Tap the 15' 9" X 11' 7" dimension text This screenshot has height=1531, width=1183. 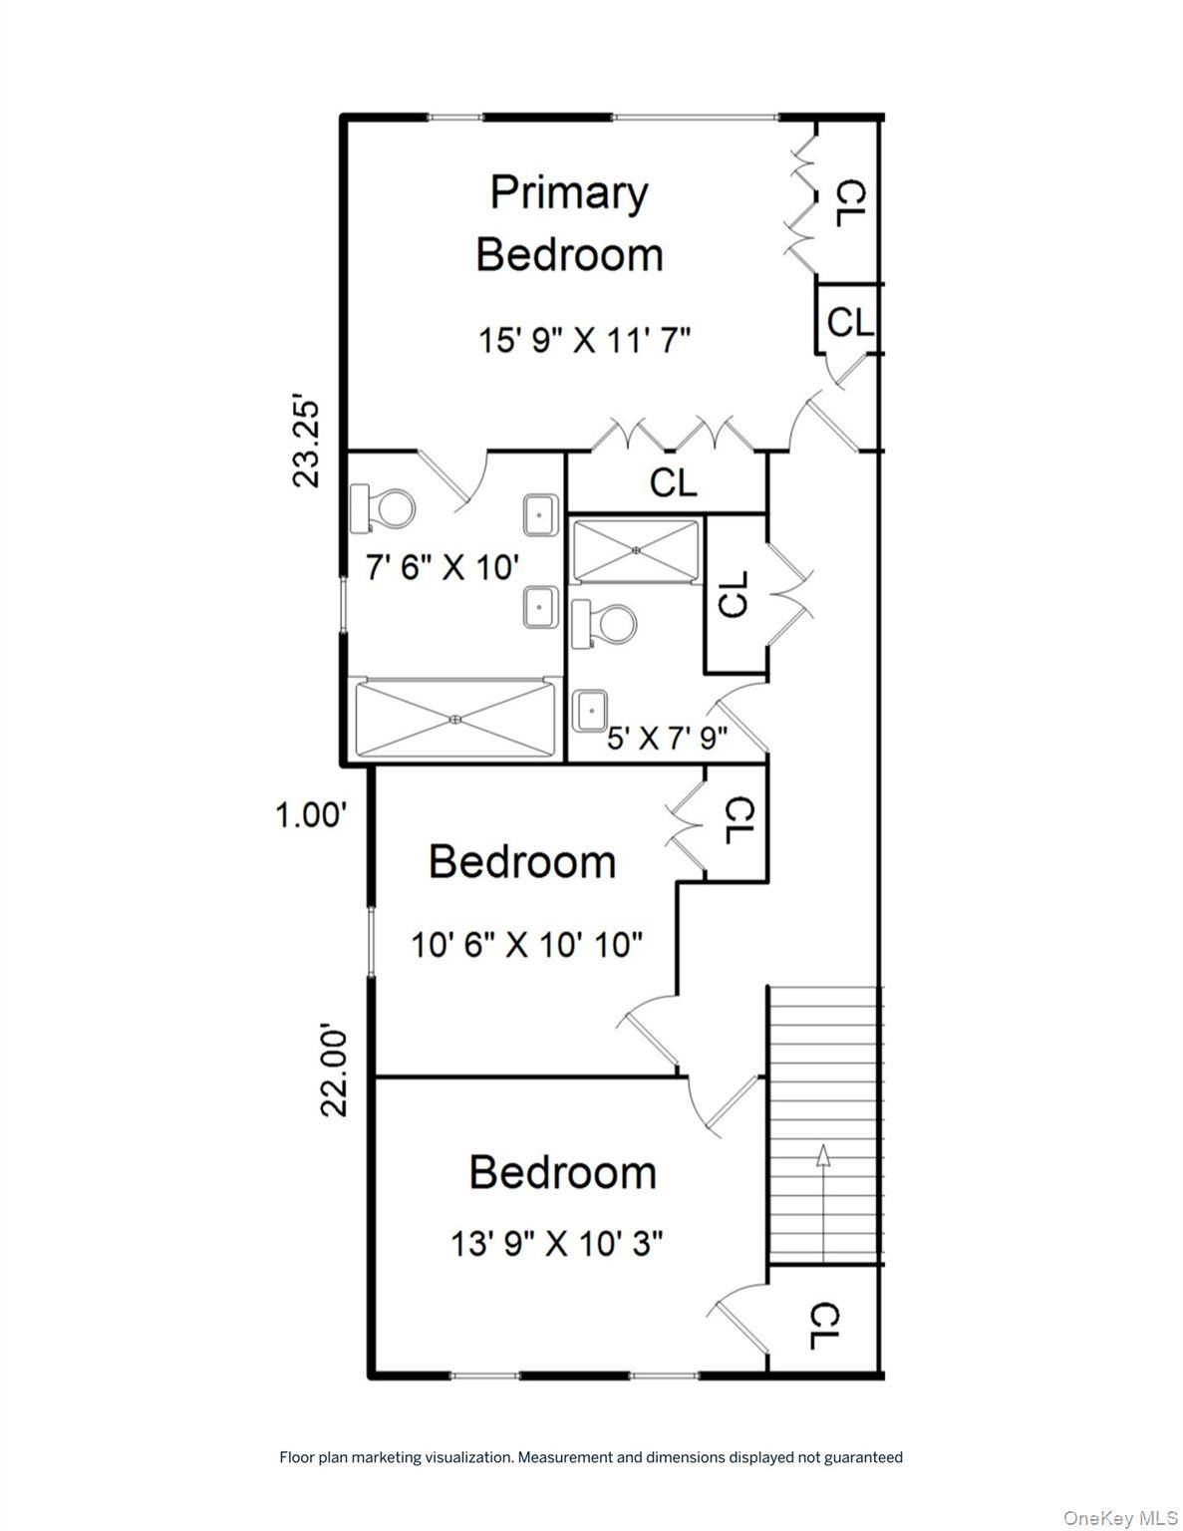pos(584,340)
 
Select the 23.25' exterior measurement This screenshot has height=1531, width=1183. pos(306,444)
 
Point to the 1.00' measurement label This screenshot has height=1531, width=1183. pos(311,816)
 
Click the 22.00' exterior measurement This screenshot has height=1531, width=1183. pos(335,1072)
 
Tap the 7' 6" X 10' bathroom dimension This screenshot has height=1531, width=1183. pos(443,566)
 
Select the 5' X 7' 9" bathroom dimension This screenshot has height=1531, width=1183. pos(667,738)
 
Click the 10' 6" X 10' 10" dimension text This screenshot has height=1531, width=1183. pos(526,944)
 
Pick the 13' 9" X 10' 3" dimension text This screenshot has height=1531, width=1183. pos(556,1244)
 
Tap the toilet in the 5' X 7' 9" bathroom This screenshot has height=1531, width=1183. pos(604,624)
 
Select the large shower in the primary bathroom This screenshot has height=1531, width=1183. pos(455,719)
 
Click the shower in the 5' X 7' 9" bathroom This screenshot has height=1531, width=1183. pos(637,550)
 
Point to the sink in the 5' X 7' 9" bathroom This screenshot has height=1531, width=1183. pos(590,712)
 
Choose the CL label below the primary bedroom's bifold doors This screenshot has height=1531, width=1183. pos(673,482)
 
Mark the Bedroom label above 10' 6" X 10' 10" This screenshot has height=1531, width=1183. pos(522,861)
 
